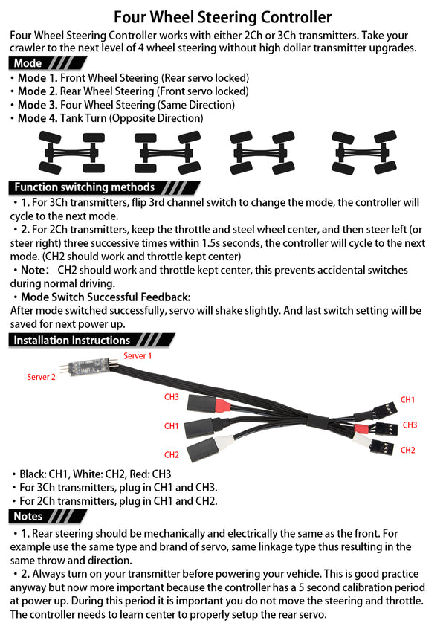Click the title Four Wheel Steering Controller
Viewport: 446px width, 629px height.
coord(223,16)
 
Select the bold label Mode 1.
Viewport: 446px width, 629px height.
coord(37,78)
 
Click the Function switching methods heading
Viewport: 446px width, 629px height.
coord(84,187)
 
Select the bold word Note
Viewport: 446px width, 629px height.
coord(33,270)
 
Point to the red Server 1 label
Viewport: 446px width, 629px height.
coord(138,356)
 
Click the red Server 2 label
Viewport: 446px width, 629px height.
coord(42,378)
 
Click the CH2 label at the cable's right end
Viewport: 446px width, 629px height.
coord(407,450)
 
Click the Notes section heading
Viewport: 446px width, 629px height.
coord(28,516)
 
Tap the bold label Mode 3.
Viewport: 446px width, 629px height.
coord(37,105)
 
